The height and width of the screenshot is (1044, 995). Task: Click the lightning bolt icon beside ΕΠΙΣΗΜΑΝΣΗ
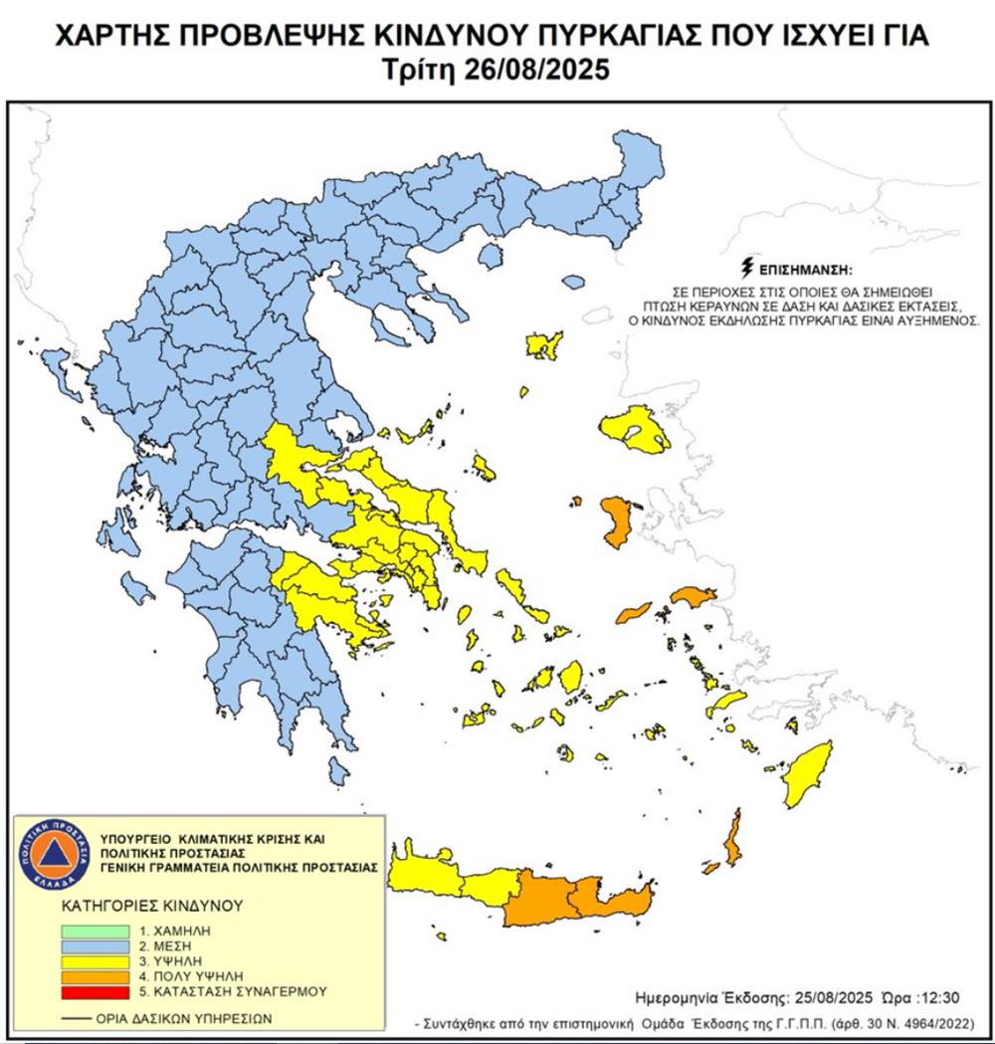[748, 267]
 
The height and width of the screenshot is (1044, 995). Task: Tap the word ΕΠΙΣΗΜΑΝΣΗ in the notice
[807, 270]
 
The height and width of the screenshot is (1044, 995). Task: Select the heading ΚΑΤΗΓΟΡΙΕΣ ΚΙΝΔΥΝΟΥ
[139, 907]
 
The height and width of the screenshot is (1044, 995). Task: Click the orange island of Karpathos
[734, 840]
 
